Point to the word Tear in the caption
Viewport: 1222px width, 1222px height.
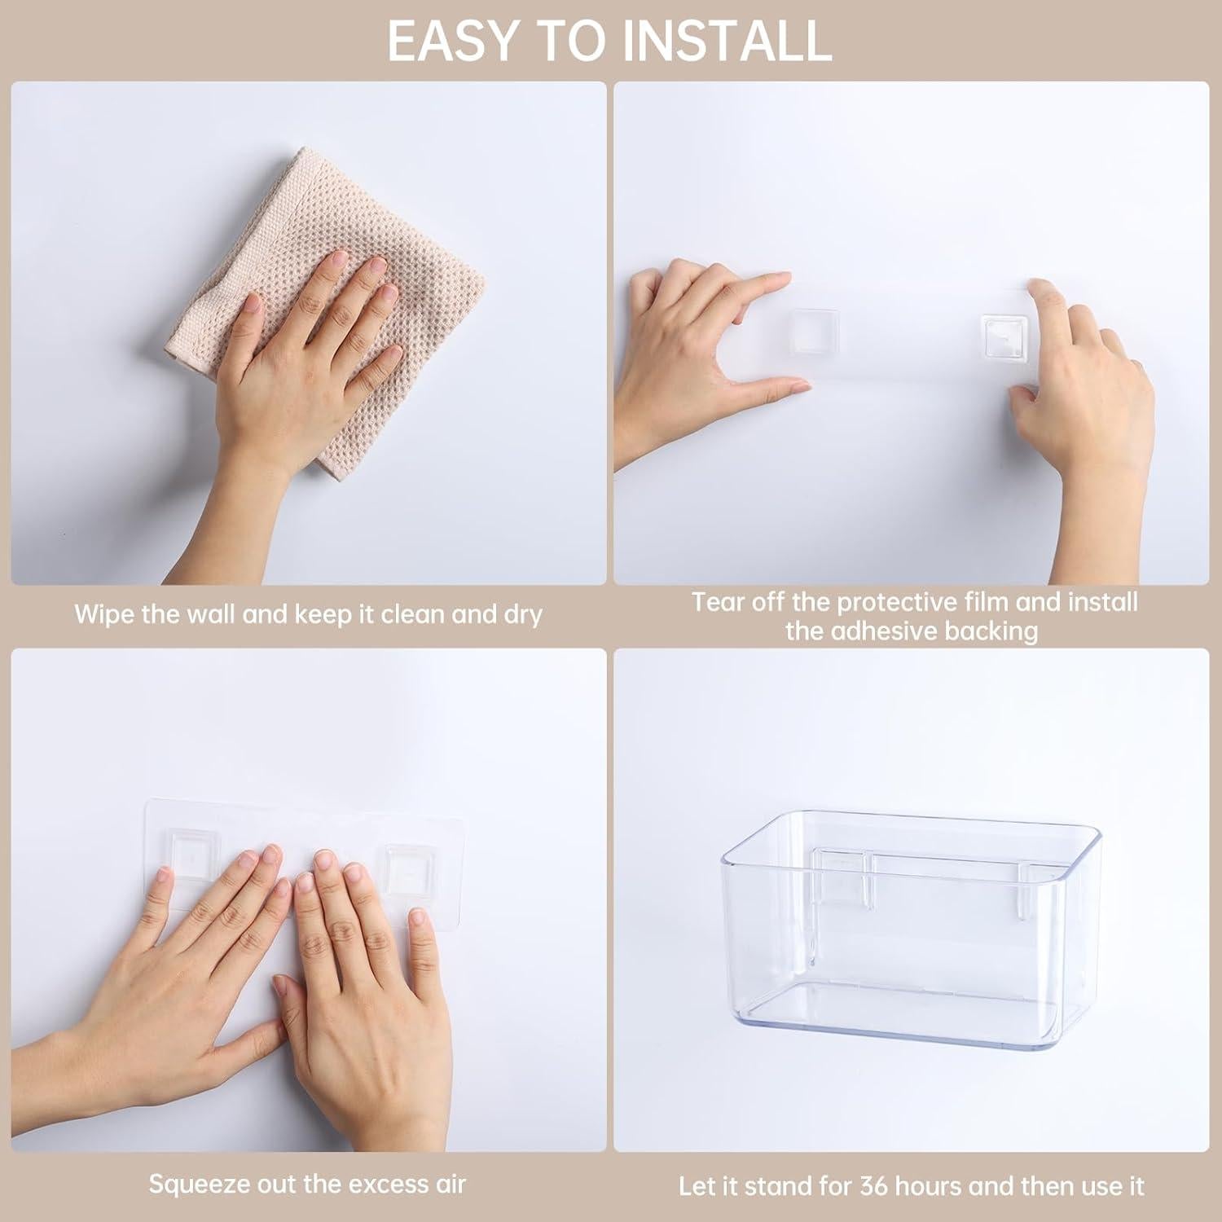coord(718,602)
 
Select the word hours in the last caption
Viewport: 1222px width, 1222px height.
coord(924,1185)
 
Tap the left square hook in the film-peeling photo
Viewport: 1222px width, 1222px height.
coord(811,335)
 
